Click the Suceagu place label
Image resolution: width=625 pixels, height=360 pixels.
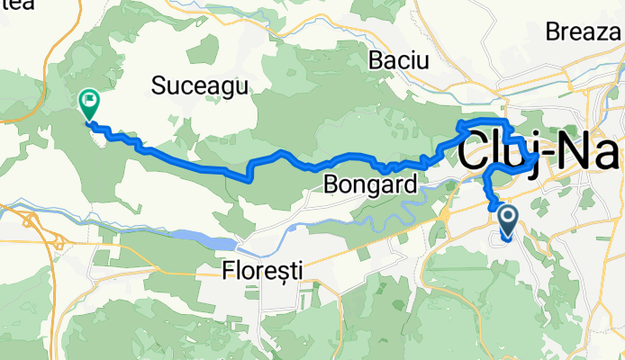click(x=201, y=85)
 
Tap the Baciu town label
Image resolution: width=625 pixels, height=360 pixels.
click(x=401, y=60)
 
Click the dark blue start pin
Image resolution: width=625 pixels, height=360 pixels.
click(x=507, y=220)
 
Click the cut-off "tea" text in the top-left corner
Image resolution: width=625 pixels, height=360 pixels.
click(x=16, y=5)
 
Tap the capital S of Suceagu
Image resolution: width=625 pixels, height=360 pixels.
click(x=159, y=85)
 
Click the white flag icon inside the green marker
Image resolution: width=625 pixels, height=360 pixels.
click(x=89, y=100)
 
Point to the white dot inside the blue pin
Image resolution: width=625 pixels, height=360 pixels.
click(x=507, y=216)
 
